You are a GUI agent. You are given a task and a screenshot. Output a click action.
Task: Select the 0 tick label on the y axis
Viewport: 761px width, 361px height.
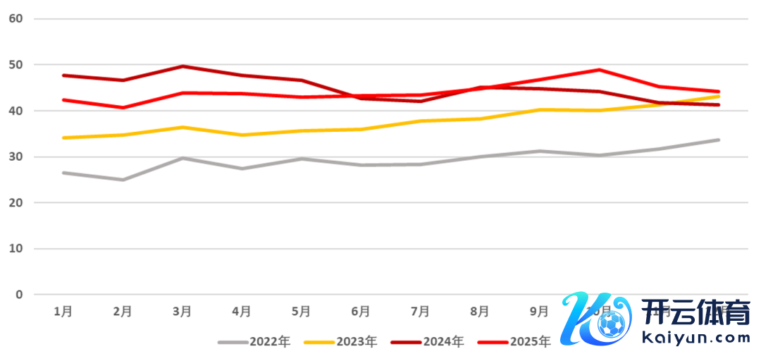[19, 295]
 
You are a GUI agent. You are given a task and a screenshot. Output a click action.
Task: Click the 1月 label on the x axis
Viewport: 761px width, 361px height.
[63, 311]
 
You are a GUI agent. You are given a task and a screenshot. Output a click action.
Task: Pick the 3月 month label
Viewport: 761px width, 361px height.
[182, 311]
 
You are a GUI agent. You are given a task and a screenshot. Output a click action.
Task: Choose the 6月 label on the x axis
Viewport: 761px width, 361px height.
[361, 311]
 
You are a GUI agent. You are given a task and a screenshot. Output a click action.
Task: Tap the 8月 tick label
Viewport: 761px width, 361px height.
[480, 311]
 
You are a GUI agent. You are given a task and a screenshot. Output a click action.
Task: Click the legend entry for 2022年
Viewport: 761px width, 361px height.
[254, 342]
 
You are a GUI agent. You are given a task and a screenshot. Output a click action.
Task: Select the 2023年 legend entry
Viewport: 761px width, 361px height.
[341, 342]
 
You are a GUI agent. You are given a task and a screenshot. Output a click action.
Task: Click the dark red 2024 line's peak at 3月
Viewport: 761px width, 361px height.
[182, 66]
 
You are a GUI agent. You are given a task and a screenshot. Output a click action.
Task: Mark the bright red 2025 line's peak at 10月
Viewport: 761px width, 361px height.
[599, 70]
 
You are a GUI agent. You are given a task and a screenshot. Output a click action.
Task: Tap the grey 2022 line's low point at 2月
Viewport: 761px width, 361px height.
[123, 180]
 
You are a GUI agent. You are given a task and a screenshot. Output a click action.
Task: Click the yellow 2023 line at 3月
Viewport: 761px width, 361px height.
[182, 127]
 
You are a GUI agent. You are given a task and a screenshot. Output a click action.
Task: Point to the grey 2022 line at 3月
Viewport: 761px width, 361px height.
[182, 158]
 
